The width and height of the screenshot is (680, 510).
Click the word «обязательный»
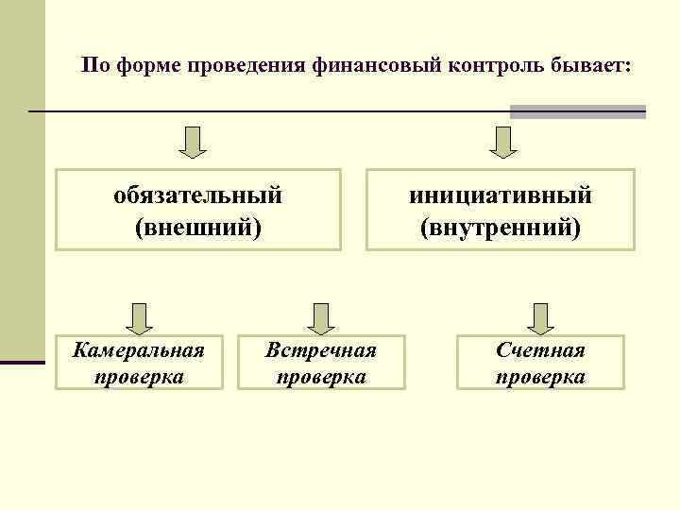(197, 195)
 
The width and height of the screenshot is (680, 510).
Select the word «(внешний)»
(197, 228)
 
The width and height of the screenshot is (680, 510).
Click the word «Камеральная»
(139, 350)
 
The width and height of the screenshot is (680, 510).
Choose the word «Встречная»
(321, 350)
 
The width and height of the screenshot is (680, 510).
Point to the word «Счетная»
(540, 350)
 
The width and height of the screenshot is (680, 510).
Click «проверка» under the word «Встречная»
(321, 377)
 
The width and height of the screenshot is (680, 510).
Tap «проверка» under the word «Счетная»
(540, 377)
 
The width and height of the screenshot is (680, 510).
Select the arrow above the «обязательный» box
(195, 142)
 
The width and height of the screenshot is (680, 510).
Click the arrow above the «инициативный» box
(501, 142)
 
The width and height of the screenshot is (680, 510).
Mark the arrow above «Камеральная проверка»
(140, 319)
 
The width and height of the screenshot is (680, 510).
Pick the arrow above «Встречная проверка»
(321, 319)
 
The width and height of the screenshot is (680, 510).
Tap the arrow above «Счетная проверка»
(541, 319)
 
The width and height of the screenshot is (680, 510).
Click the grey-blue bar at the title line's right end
(577, 111)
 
